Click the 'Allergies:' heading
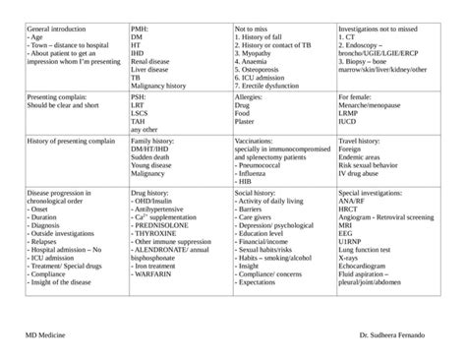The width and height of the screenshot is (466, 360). coord(252,98)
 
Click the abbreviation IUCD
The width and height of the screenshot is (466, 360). coord(350,122)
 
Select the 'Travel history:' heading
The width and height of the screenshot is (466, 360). coord(362,142)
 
